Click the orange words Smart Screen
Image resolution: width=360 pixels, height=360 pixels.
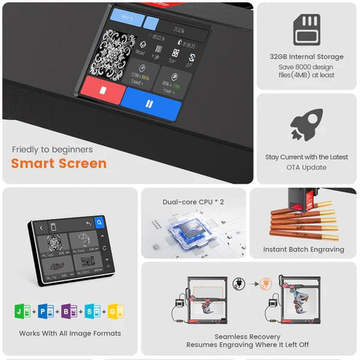click(58, 163)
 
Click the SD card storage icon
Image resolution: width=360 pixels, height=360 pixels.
click(306, 29)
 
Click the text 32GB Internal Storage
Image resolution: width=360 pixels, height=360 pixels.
click(306, 56)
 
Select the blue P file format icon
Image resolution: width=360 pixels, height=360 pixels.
click(44, 310)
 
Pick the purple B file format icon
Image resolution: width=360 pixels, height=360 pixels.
click(68, 310)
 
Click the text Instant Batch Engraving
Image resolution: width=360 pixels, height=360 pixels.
click(303, 250)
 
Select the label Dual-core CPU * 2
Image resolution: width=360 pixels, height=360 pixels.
click(192, 201)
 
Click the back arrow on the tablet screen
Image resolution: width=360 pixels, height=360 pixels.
click(87, 223)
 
